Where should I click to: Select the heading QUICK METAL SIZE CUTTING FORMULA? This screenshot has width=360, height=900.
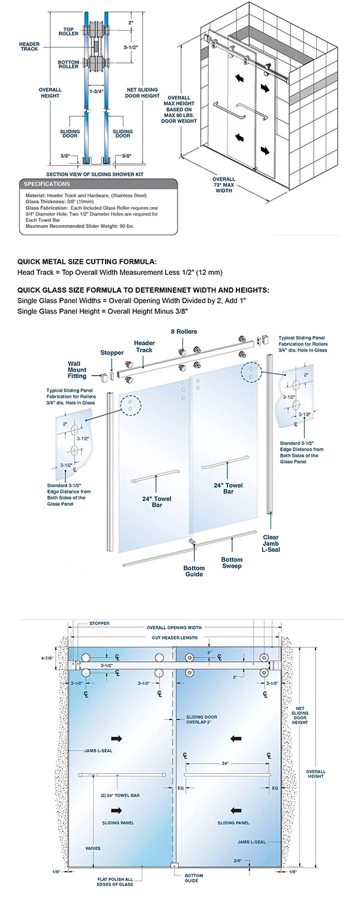(x=87, y=261)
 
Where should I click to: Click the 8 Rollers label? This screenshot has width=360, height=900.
(x=184, y=331)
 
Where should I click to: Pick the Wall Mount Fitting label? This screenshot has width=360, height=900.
(x=76, y=370)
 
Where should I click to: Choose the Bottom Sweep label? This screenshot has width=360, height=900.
(x=232, y=562)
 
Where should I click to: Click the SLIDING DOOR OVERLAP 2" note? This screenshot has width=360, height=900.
(x=201, y=720)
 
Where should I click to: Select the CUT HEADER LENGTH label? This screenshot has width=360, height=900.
(x=175, y=637)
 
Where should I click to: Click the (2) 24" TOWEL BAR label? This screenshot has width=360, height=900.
(x=120, y=796)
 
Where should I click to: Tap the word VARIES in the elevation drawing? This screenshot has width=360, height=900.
(x=92, y=848)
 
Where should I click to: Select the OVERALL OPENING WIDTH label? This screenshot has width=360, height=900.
(x=175, y=628)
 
